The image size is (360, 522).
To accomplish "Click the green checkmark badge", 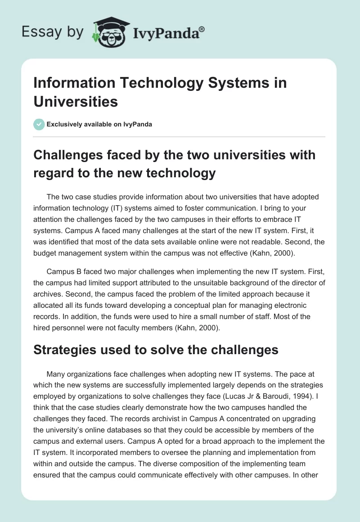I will click(39, 124).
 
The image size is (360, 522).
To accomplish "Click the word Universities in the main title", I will click(76, 101).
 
